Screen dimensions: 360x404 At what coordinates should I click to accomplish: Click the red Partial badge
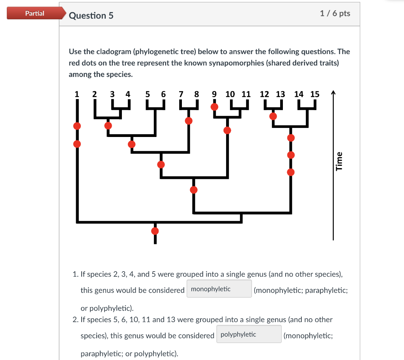(35, 13)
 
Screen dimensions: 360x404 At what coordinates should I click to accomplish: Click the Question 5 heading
(91, 15)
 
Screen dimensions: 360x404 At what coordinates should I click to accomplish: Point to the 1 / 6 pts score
(335, 13)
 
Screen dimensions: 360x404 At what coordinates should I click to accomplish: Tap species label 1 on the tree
(77, 94)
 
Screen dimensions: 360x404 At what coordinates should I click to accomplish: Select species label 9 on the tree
(214, 94)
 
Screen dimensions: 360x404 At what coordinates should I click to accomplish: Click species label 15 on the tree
(315, 94)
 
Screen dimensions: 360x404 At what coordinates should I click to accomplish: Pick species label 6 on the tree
(163, 94)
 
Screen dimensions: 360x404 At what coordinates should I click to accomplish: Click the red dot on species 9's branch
(214, 107)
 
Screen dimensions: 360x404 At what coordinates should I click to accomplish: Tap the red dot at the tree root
(155, 231)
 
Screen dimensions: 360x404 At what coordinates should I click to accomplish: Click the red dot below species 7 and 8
(189, 121)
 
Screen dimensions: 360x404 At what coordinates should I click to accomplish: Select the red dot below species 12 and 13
(273, 116)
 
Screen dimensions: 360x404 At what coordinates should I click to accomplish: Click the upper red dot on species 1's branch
(77, 126)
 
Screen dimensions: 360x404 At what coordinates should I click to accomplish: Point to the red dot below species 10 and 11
(227, 130)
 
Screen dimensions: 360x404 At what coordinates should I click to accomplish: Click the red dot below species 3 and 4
(108, 126)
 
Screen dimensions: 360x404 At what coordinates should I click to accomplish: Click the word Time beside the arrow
(339, 161)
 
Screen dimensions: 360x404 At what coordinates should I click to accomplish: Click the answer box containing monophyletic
(219, 289)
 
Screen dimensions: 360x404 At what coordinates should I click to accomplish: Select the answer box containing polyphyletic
(249, 334)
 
